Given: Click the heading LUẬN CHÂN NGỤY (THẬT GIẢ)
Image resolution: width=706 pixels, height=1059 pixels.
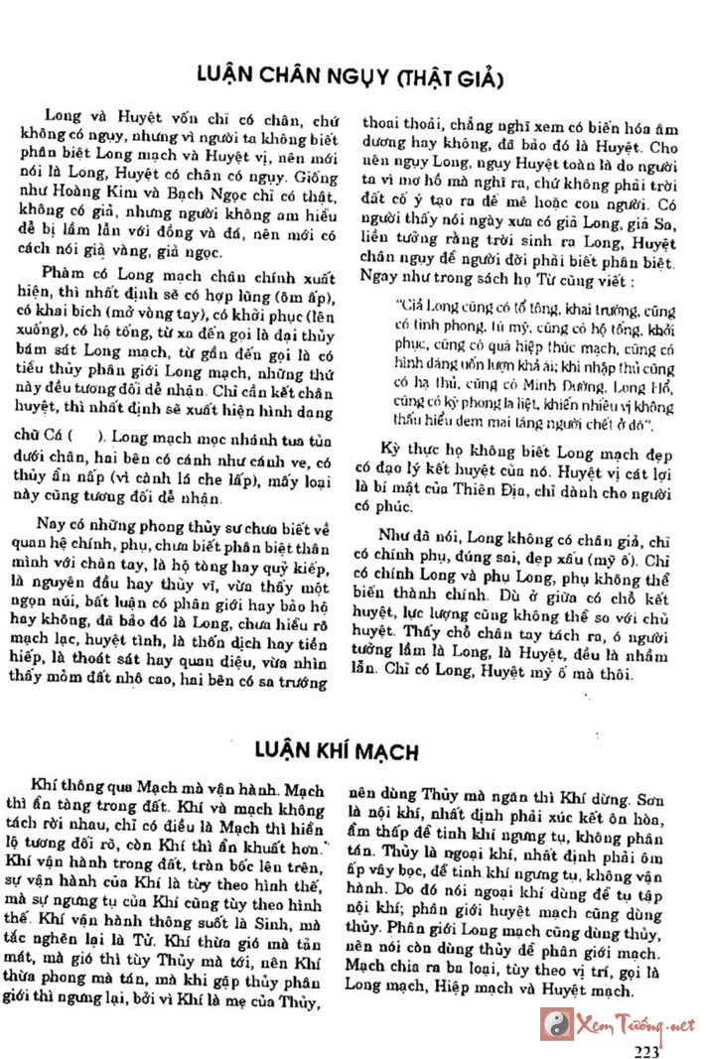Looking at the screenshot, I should click(351, 78).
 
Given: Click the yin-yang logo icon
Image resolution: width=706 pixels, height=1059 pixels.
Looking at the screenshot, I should click(557, 1023).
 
